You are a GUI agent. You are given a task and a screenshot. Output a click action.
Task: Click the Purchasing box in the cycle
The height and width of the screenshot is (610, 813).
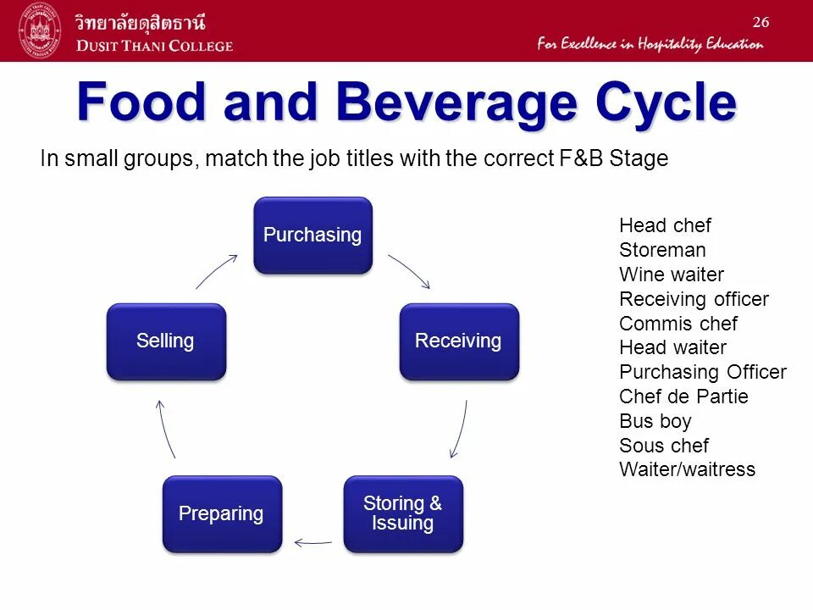(x=312, y=236)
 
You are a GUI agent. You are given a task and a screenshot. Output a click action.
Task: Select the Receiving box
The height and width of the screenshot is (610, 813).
(x=458, y=341)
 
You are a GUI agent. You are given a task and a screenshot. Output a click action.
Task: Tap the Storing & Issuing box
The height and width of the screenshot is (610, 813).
(x=402, y=514)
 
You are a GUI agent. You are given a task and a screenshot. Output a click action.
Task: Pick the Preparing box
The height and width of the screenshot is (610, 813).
(x=221, y=514)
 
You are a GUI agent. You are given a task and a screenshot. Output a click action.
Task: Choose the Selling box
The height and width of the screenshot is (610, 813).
(x=166, y=341)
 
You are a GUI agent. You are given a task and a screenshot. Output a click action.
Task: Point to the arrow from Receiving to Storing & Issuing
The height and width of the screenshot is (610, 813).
(x=459, y=430)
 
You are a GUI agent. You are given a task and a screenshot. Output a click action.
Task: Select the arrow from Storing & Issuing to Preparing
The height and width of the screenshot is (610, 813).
(x=312, y=541)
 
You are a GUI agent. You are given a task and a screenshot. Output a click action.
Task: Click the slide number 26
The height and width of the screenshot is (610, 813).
(x=760, y=22)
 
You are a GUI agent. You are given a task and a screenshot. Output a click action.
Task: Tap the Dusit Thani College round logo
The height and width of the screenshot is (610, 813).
(x=39, y=30)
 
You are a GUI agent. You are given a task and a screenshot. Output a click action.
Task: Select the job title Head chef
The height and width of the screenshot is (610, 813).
(x=665, y=226)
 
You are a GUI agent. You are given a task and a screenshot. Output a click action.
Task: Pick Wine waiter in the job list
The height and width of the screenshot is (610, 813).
(x=672, y=274)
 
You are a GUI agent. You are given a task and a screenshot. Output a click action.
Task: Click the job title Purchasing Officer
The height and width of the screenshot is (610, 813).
(x=703, y=373)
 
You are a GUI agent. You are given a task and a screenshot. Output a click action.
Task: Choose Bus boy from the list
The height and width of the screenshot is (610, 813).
(x=655, y=422)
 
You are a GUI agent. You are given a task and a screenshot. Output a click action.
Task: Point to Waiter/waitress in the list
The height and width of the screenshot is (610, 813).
(x=687, y=470)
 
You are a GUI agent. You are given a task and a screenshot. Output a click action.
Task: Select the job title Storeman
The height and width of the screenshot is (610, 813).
(x=662, y=251)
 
